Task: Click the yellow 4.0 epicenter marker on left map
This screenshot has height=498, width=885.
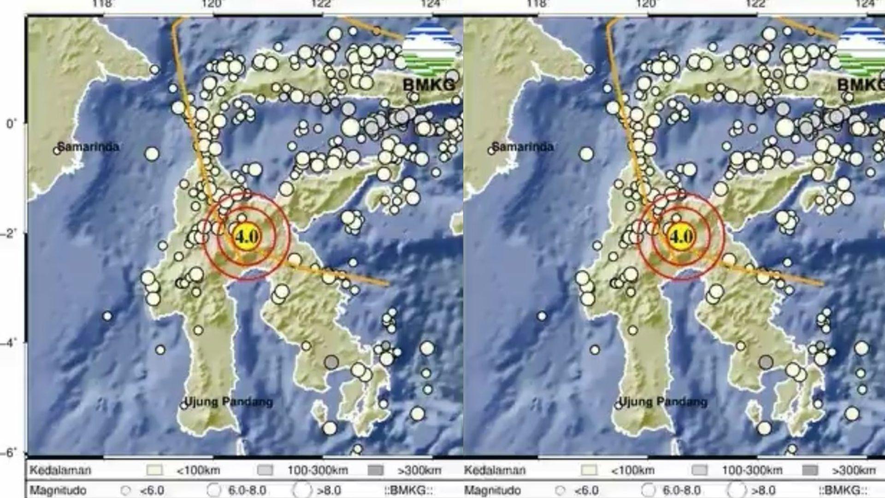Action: (247, 237)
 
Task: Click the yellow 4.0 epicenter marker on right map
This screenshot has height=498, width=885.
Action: (681, 237)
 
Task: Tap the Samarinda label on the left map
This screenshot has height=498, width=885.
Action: (88, 147)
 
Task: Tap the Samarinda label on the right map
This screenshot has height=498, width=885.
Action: (522, 147)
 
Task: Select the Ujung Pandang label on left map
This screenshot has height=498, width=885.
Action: (228, 402)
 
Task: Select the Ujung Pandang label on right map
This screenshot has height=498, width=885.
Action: (663, 402)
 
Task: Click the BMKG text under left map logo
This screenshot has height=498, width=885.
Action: (429, 84)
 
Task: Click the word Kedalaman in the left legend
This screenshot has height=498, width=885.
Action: (60, 470)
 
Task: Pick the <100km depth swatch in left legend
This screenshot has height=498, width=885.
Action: (154, 470)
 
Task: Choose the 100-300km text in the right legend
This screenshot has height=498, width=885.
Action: (752, 470)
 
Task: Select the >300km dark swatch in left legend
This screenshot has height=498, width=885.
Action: (376, 470)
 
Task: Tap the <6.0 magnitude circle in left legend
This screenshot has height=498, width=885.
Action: (125, 491)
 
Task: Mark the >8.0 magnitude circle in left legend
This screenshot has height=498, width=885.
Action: (302, 490)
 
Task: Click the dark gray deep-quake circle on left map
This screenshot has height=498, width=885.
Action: (331, 362)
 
